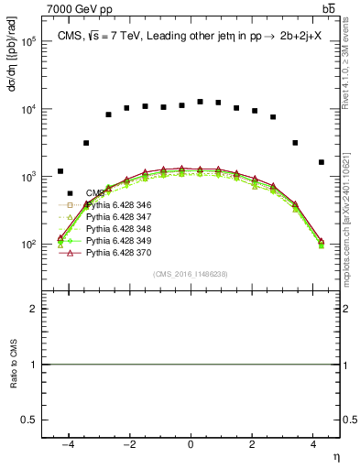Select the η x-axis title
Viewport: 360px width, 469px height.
336,455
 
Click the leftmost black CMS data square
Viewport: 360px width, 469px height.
60,171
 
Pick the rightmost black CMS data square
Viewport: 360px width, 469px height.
321,162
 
